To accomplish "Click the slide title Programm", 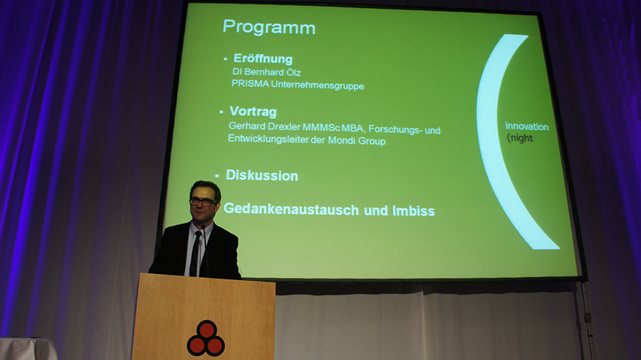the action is click(269, 28).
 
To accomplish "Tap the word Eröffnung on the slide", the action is click(263, 59).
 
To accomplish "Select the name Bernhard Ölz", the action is click(272, 72).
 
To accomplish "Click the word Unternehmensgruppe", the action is click(317, 85).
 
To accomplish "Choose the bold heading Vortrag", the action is click(253, 112).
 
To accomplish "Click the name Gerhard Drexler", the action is click(264, 126).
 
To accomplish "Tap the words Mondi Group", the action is click(357, 141).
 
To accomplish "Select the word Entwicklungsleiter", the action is click(268, 139).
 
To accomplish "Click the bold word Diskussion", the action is click(262, 176).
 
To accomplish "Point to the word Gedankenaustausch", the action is click(291, 209).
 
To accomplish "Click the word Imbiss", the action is click(413, 211).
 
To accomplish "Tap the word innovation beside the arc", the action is click(527, 126).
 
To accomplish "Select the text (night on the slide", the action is click(520, 138).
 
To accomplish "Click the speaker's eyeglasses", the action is click(203, 202).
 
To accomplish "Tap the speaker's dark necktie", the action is click(195, 253).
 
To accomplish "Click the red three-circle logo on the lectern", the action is click(206, 339).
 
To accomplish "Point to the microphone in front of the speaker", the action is click(205, 250).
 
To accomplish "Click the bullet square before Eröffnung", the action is click(225, 59).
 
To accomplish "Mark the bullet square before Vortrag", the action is click(221, 112).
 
